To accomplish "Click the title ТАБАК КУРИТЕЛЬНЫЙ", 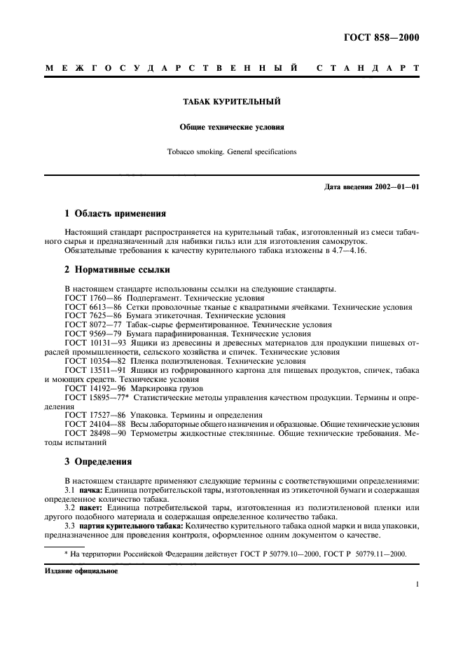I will tap(231, 102).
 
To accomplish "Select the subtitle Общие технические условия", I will tap(231, 128).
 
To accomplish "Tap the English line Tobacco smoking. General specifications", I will tap(231, 151).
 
